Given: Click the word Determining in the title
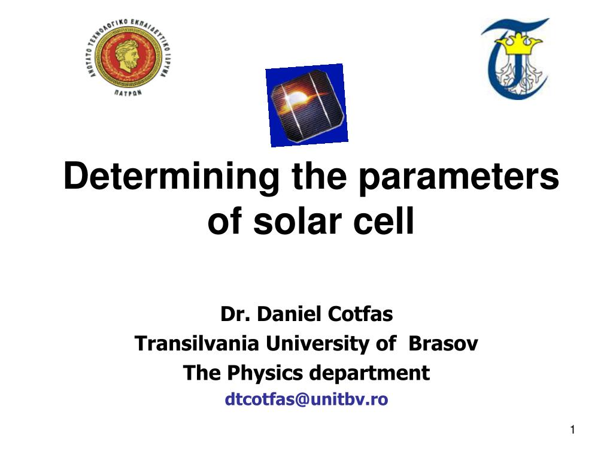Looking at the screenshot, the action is tap(171, 177).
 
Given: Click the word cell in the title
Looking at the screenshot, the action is tap(384, 220).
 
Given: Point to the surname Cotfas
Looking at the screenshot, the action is tap(360, 314).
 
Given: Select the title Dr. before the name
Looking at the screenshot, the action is tap(235, 314).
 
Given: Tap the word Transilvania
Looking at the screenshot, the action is tap(196, 343).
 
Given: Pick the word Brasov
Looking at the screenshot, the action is tap(443, 343).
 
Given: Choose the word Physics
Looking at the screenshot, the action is tap(265, 373).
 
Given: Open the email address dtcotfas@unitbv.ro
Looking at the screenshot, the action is tap(306, 400).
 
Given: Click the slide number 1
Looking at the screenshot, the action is tap(573, 430).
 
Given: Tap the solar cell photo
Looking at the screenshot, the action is tap(307, 105).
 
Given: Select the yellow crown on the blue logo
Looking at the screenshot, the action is tap(518, 44).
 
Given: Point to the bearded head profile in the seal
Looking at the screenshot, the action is tap(128, 55).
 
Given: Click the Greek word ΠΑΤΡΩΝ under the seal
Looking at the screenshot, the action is tap(128, 93).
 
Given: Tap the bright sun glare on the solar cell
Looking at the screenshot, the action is tap(297, 96).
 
